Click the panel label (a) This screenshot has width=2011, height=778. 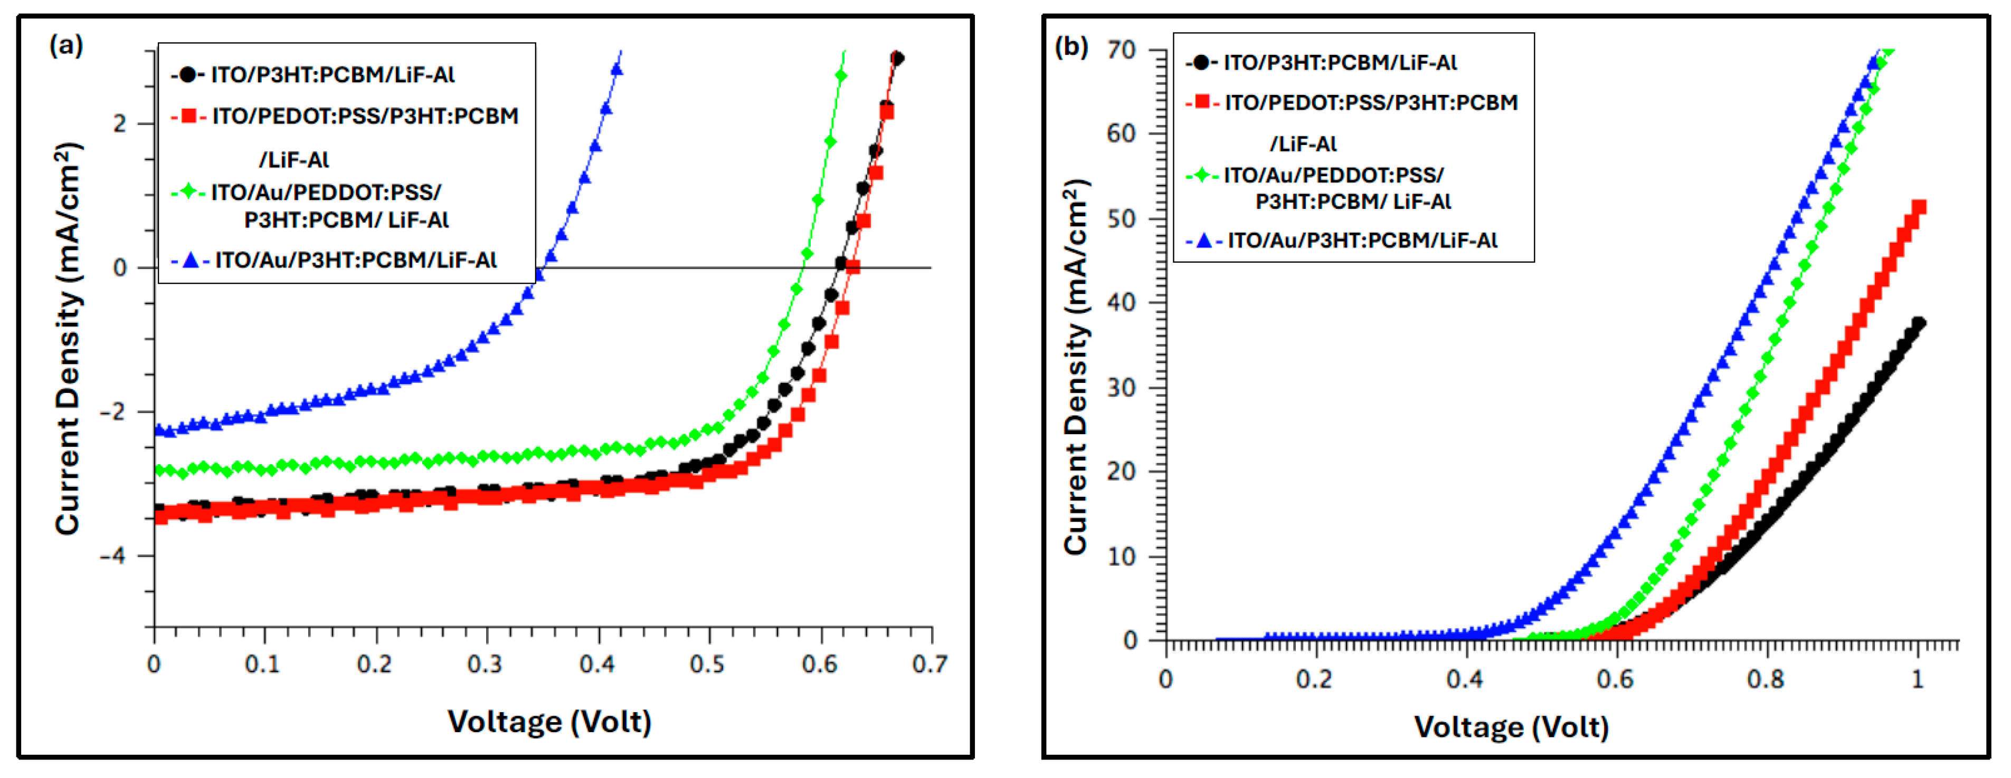[x=67, y=45]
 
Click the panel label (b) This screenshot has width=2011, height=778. [x=1071, y=47]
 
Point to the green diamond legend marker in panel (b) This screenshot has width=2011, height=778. [x=1202, y=175]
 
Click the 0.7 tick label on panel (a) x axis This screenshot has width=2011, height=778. [x=930, y=664]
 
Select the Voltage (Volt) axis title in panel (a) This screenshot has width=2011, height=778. [x=549, y=722]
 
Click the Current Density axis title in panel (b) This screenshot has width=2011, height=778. [x=1076, y=367]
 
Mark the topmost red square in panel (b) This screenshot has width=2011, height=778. [x=1918, y=207]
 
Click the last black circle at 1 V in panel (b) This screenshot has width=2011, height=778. [x=1918, y=323]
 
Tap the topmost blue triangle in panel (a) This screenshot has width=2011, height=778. [x=616, y=69]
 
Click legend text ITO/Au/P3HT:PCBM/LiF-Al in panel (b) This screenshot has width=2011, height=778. [x=1362, y=241]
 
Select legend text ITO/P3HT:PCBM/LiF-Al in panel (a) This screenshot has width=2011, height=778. [x=333, y=75]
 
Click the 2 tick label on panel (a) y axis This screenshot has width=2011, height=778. [x=119, y=123]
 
